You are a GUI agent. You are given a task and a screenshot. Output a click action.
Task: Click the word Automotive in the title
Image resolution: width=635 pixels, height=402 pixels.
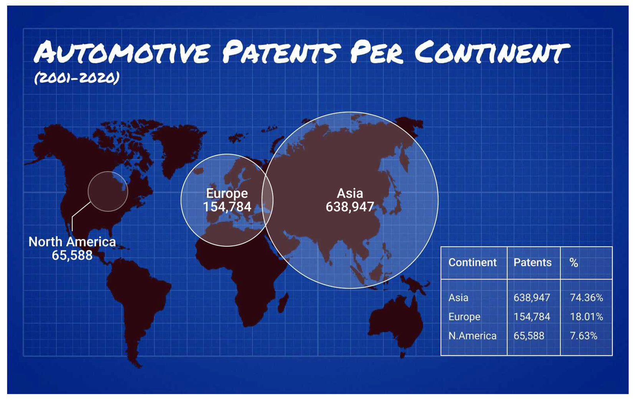(122, 52)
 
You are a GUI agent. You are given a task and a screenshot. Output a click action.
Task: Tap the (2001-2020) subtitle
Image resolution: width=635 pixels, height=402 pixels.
(77, 78)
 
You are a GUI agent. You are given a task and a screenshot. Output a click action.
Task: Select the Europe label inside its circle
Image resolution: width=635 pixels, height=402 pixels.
(227, 193)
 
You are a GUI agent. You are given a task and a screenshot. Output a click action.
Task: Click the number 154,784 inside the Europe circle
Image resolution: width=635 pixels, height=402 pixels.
(227, 207)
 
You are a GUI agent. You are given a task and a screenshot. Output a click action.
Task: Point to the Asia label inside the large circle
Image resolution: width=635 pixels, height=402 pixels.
(350, 193)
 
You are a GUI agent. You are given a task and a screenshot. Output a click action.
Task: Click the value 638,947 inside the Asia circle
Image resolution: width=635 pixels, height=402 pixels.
(350, 207)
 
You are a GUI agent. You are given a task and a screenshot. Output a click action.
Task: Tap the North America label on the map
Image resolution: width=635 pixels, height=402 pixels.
(72, 242)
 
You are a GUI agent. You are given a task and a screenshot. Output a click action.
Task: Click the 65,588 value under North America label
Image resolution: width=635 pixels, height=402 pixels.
(72, 255)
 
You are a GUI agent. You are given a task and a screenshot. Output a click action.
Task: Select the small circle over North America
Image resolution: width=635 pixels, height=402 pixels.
(88, 191)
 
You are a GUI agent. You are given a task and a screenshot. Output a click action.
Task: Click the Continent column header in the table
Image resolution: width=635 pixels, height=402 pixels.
(472, 262)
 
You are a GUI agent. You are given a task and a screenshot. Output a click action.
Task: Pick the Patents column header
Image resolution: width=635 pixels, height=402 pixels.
(532, 262)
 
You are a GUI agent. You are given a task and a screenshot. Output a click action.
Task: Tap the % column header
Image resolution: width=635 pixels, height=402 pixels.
(574, 263)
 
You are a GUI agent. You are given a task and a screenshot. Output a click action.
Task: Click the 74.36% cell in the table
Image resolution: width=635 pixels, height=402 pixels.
(586, 297)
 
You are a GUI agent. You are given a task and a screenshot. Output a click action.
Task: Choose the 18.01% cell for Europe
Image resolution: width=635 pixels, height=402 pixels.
(586, 317)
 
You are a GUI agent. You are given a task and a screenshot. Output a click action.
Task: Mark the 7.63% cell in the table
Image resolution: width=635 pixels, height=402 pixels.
(584, 336)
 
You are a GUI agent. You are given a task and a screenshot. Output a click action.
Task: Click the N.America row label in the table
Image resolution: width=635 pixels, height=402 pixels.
(472, 336)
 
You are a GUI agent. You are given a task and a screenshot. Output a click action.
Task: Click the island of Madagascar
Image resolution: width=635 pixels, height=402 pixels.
(283, 303)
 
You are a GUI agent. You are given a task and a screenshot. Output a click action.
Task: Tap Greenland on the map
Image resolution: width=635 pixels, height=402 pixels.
(179, 148)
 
